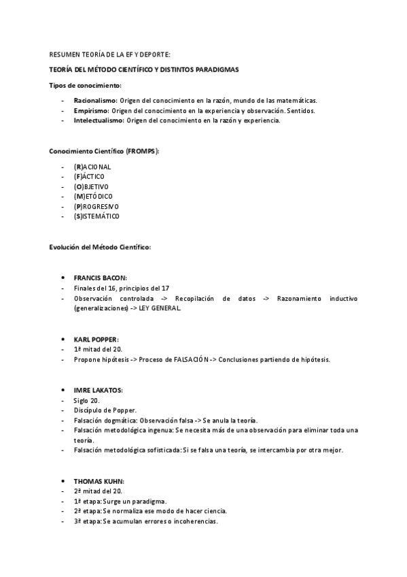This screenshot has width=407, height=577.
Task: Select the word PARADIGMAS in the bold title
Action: point(215,70)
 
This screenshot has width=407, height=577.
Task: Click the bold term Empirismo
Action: point(91,110)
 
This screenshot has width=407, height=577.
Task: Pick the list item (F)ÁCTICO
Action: point(89,177)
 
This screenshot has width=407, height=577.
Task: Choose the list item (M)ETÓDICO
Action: point(93,197)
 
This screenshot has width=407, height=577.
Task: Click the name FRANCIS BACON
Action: point(100,278)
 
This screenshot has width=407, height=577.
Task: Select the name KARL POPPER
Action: point(96,338)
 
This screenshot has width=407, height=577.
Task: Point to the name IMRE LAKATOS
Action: point(98,390)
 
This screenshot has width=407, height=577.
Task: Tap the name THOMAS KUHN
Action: point(99,480)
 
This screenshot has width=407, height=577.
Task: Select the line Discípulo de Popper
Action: point(105,410)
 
